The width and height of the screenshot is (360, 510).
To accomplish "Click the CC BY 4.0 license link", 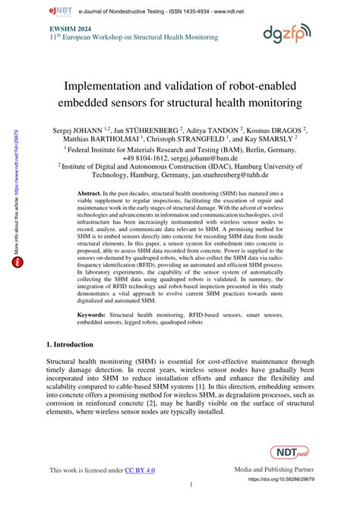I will [x=141, y=471].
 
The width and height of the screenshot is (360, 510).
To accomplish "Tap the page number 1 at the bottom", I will [x=191, y=486].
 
